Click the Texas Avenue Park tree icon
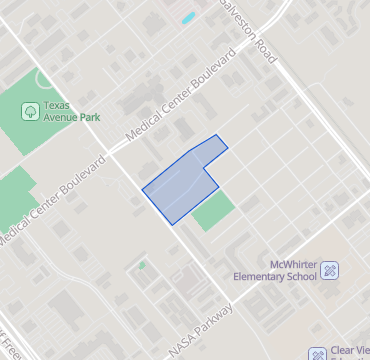coord(31,110)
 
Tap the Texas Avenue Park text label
coord(72,110)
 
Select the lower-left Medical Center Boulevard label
coord(52,202)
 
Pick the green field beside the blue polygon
coord(213,211)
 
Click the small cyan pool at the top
coord(187,18)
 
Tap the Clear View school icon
coord(317,352)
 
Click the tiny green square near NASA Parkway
coord(142,265)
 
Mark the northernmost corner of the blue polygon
coord(217,135)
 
